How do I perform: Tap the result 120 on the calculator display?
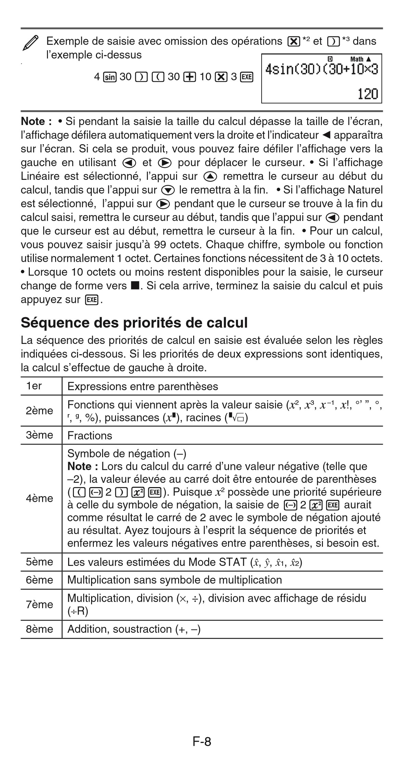tap(367, 94)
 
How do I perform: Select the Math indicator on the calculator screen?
tap(356, 59)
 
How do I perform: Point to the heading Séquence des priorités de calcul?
tap(134, 323)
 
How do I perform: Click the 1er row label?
tap(34, 386)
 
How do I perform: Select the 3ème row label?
tap(39, 435)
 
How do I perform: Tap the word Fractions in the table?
tap(90, 436)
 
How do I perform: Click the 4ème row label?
tap(39, 498)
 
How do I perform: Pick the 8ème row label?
tap(39, 629)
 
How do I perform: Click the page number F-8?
tap(202, 742)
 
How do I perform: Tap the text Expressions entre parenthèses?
tap(142, 387)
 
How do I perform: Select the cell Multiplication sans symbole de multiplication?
tap(175, 580)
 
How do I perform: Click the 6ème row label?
tap(39, 580)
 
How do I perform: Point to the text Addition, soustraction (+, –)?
tap(134, 629)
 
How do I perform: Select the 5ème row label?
tap(39, 562)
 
